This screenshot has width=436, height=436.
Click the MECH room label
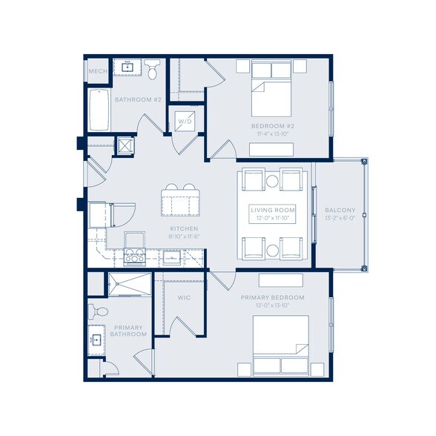click(x=97, y=71)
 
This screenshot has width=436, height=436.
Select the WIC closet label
click(x=185, y=298)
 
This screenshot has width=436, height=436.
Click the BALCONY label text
click(x=340, y=211)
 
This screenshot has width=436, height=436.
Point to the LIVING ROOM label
click(x=272, y=211)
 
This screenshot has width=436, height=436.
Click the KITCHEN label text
click(x=183, y=228)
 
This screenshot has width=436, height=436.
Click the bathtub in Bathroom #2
click(x=99, y=110)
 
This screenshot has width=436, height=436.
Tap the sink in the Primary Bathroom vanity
click(x=96, y=341)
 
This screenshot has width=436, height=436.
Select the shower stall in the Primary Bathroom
click(x=129, y=284)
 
